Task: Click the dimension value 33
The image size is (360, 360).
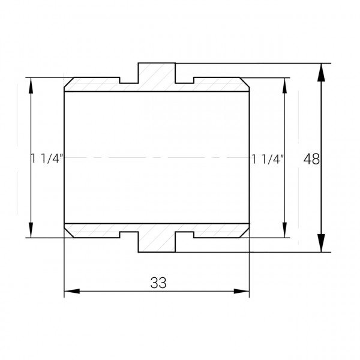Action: [x=158, y=283]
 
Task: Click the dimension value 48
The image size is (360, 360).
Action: [x=311, y=159]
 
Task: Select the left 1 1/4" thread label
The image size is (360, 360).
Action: [x=48, y=159]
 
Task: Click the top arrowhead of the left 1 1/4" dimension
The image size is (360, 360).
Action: [x=31, y=85]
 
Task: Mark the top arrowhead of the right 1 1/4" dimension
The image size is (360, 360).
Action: [x=284, y=85]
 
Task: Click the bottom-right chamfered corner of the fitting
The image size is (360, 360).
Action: [x=245, y=233]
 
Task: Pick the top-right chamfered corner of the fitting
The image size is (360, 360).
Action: [x=245, y=82]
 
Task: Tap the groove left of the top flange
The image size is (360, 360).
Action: [x=129, y=80]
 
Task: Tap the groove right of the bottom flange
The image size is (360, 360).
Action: [x=184, y=235]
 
